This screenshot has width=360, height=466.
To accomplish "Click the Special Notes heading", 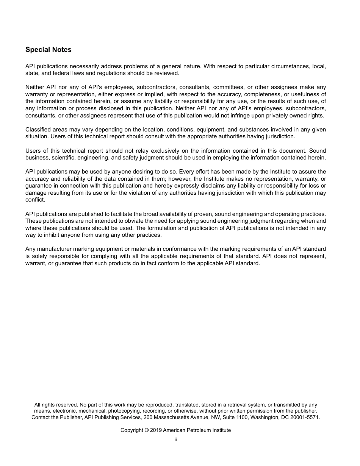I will click(48, 50).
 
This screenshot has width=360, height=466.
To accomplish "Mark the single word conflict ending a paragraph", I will click(34, 200).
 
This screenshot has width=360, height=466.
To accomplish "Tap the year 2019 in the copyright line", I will click(156, 430).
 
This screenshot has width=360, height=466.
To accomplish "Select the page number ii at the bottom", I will click(176, 439).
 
